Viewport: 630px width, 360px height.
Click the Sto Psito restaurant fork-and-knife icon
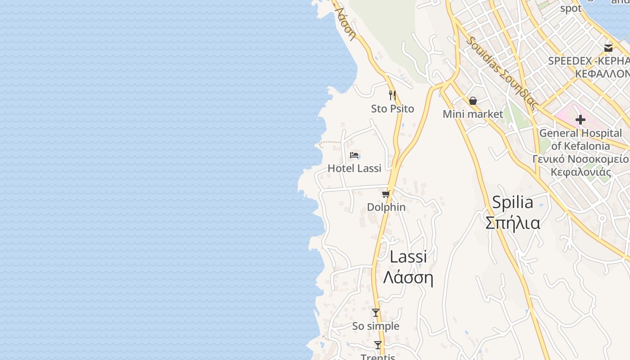tap(392, 95)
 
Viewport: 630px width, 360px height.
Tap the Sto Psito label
tap(392, 109)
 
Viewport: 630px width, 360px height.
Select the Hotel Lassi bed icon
tap(355, 155)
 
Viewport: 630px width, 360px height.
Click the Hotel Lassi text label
tap(355, 168)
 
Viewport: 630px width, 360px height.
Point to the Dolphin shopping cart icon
tap(386, 194)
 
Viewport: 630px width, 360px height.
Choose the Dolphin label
tap(386, 207)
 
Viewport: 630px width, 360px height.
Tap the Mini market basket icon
tap(473, 101)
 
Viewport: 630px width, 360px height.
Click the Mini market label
tap(472, 114)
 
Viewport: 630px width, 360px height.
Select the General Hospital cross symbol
tap(580, 120)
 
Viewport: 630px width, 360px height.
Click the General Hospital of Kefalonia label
tap(580, 139)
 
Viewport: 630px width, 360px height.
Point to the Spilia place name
tap(513, 202)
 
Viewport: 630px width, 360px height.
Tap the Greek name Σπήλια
tap(513, 223)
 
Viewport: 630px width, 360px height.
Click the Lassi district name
tap(408, 257)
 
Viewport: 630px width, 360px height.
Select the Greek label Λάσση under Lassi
tap(408, 278)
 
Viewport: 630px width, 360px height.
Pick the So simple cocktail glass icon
tap(376, 313)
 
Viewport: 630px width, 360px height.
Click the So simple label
tap(376, 326)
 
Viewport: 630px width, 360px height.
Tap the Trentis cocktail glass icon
tap(378, 345)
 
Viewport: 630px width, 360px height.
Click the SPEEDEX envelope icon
tap(608, 48)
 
